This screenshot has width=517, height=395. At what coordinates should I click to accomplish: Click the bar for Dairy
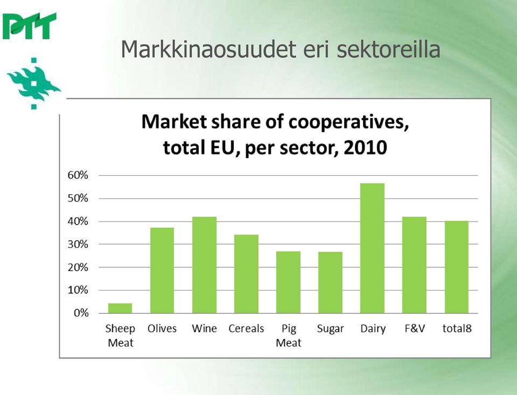click(x=372, y=248)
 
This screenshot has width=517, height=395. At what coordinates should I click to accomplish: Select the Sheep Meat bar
click(x=120, y=308)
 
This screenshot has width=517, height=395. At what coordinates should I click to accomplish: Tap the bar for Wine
click(x=205, y=265)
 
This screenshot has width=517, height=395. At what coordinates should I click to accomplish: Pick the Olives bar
click(x=162, y=271)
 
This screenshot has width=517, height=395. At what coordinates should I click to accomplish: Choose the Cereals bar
click(x=246, y=274)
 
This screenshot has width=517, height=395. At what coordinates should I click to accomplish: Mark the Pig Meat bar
click(x=289, y=282)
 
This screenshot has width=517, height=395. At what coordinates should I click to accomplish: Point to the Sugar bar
click(x=330, y=282)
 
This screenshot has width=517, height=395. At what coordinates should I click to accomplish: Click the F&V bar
click(x=415, y=265)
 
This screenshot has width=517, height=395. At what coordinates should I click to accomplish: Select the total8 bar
click(x=457, y=267)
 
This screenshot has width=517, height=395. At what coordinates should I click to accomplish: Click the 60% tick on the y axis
click(x=78, y=175)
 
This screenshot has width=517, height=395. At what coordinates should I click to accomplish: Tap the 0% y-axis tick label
click(x=81, y=313)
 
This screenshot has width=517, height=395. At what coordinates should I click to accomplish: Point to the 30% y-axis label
click(x=78, y=244)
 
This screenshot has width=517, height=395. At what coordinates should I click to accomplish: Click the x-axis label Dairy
click(x=373, y=329)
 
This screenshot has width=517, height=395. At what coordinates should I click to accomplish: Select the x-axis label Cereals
click(x=246, y=329)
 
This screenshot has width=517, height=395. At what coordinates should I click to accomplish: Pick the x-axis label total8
click(x=457, y=329)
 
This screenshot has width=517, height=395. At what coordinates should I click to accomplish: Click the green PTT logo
click(x=29, y=26)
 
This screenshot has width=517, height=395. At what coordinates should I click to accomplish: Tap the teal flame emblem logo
click(x=33, y=84)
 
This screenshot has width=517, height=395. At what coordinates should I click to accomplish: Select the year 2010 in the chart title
click(x=365, y=147)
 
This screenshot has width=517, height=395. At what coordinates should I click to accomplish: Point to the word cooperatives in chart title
click(x=349, y=122)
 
